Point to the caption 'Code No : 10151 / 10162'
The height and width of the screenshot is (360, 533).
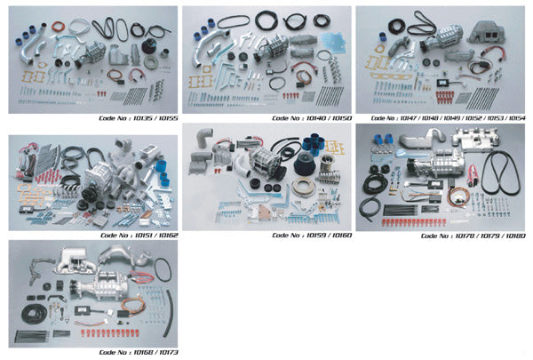[x=139, y=236]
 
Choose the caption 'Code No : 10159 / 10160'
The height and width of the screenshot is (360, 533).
[x=312, y=236]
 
